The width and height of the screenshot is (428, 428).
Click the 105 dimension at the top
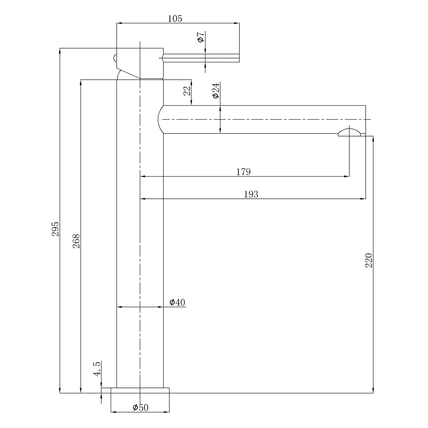[175, 19]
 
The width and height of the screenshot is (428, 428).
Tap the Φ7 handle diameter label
[201, 37]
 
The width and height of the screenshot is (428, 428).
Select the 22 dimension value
[187, 91]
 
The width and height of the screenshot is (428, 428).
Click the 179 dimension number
[243, 172]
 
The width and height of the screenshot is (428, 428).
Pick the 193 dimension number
[251, 194]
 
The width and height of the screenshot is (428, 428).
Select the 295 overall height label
[55, 229]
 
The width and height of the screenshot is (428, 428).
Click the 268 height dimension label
[77, 241]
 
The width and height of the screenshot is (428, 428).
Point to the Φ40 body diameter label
[177, 302]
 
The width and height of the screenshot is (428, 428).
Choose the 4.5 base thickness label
[97, 369]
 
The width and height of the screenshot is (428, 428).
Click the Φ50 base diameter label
[140, 407]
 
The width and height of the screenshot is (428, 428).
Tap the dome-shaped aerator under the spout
[349, 132]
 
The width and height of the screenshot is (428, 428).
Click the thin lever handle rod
[201, 58]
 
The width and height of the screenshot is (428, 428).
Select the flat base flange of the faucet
[140, 390]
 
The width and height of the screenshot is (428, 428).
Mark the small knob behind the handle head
[115, 58]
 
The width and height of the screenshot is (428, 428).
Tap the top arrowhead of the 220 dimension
[373, 139]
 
